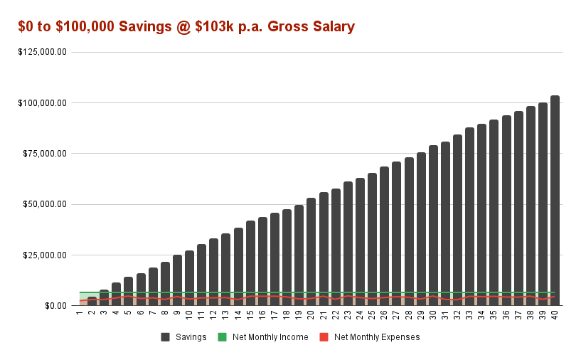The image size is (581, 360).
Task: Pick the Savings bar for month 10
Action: (189, 278)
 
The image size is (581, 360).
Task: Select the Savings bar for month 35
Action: (494, 213)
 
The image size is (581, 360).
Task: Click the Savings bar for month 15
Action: (250, 263)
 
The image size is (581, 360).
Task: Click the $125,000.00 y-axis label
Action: (43, 52)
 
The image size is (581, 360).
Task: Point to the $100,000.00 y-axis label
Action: (43, 103)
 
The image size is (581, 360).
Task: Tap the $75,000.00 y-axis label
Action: (45, 154)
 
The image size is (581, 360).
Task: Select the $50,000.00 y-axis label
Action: (45, 204)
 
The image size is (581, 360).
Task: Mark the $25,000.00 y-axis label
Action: (45, 255)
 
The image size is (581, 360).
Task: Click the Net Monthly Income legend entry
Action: (268, 337)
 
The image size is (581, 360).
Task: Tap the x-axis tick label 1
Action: (80, 314)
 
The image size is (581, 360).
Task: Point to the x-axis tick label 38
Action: (531, 315)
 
